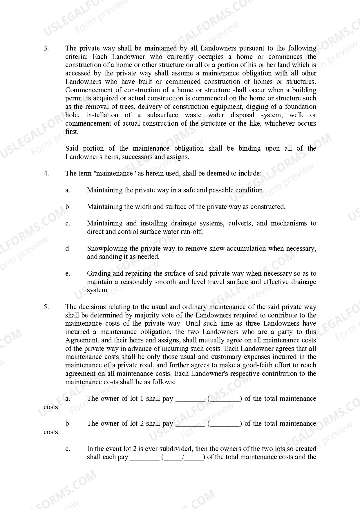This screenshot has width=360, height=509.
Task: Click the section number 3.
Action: (46, 48)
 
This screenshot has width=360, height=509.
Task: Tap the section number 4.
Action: (46, 174)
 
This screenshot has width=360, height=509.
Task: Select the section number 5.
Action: (46, 307)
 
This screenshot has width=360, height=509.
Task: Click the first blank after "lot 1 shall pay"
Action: (190, 399)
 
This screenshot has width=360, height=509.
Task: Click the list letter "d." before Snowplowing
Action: (68, 249)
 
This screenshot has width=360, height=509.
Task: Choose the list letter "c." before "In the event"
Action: (68, 449)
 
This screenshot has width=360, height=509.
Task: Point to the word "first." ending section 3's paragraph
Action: (72, 132)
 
